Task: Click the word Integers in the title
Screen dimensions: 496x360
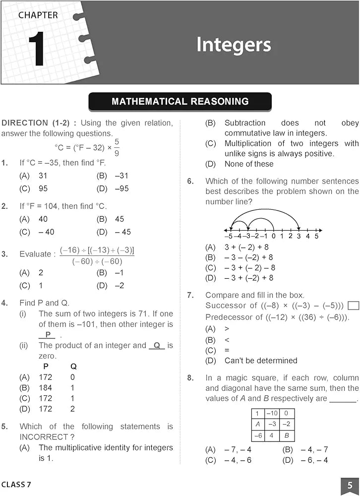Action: (234, 44)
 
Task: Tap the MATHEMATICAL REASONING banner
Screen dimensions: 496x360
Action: (180, 102)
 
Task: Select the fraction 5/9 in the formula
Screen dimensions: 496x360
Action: (116, 147)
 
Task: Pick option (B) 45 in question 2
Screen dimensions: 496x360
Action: (111, 219)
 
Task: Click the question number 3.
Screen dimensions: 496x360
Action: (4, 254)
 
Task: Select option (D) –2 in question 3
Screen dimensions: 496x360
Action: (111, 285)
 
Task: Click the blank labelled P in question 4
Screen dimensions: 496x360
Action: (48, 335)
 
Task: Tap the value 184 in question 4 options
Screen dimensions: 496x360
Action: (45, 387)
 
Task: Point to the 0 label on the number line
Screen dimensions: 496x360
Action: (273, 236)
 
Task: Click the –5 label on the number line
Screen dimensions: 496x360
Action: (229, 236)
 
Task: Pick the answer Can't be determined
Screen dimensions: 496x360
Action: (260, 360)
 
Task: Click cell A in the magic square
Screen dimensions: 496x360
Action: (257, 424)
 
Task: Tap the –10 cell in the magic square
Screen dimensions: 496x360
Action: (272, 413)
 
